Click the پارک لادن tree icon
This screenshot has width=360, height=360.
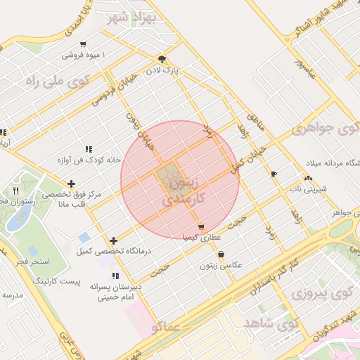(x=162, y=60)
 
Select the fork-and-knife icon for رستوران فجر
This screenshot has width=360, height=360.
(x=16, y=190)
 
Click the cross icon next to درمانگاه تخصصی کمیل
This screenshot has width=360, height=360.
(x=113, y=241)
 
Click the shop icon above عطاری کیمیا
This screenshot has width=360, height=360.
(x=202, y=227)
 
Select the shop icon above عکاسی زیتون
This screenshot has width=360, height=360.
(x=221, y=255)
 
